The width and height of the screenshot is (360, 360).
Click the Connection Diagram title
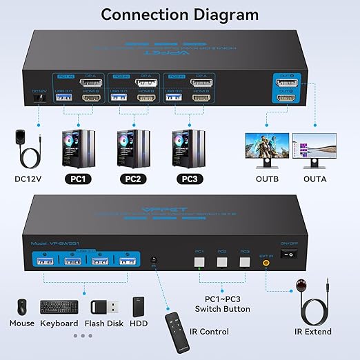tap(179, 14)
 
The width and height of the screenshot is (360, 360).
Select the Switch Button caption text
tap(227, 309)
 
